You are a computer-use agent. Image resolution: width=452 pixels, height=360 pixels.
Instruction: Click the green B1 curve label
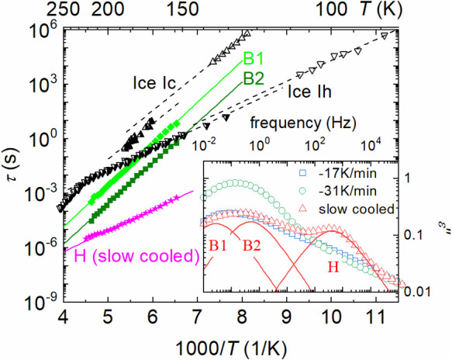tap(254, 58)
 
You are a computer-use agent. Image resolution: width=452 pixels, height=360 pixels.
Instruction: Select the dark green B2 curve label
tap(254, 78)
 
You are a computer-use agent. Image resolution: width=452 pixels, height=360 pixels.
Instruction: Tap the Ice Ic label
tap(154, 83)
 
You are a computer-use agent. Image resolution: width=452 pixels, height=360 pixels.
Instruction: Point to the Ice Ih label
tap(309, 92)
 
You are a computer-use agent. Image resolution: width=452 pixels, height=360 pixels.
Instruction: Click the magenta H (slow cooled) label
tap(137, 256)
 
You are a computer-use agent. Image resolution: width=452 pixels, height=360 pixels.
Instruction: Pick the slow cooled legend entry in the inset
tap(347, 209)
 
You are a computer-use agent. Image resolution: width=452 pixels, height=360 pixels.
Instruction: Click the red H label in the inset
tap(333, 268)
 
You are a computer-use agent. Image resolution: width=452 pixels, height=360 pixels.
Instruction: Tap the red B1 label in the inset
tap(218, 246)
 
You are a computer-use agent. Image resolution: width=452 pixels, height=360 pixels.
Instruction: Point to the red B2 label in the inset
tap(251, 246)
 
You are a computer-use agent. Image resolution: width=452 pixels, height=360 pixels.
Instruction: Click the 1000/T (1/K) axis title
tap(231, 348)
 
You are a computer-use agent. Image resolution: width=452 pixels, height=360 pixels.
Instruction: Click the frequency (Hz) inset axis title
tap(303, 123)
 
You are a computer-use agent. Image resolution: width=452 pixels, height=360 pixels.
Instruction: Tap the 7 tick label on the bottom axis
tap(197, 317)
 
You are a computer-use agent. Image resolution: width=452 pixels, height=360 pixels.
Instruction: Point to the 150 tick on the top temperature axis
tap(183, 9)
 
